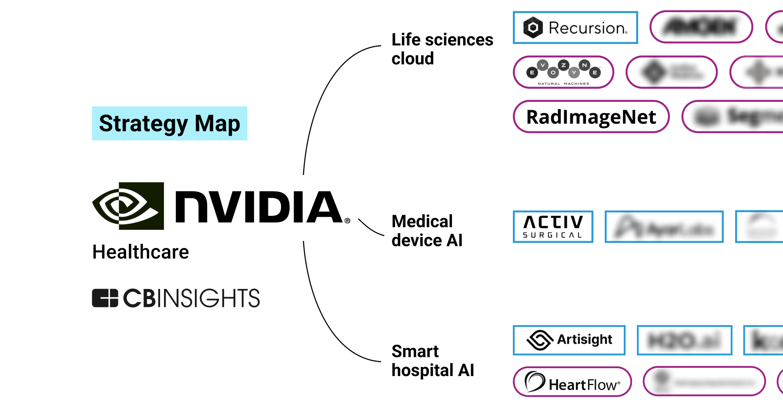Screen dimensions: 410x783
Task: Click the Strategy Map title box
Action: click(169, 123)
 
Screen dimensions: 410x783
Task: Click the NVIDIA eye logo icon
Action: click(128, 206)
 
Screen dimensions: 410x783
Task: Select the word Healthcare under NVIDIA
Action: click(141, 252)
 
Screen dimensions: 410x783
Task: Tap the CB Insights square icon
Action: click(105, 298)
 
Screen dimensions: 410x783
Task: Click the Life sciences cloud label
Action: click(442, 49)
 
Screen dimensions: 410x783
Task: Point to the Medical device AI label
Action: click(426, 231)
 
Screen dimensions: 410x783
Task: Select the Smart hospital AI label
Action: click(432, 360)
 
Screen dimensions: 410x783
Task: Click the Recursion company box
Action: click(575, 28)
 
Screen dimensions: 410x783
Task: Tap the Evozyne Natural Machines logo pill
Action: click(563, 72)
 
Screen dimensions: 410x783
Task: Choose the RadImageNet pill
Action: click(591, 117)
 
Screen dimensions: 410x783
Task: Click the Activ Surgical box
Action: click(553, 227)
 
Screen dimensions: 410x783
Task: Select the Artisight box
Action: click(569, 340)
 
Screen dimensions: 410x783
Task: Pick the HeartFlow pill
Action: click(572, 382)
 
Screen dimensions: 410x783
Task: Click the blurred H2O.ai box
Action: click(684, 340)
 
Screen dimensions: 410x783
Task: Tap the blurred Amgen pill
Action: click(701, 27)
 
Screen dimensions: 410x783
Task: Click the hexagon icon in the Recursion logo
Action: click(533, 28)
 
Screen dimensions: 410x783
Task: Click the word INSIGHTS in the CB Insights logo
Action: click(208, 298)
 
